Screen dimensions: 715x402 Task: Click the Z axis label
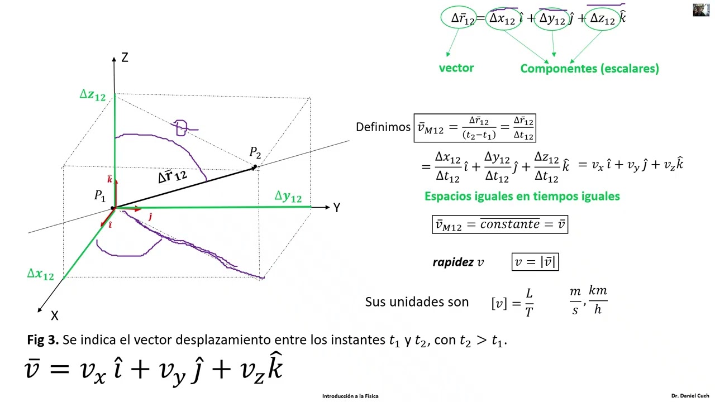(x=125, y=58)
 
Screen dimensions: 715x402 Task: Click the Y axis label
(x=337, y=208)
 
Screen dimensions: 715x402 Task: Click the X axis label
(x=55, y=315)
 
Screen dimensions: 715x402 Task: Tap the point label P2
(x=255, y=152)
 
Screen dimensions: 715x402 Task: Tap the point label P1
(x=99, y=195)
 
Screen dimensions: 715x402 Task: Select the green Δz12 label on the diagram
(x=93, y=95)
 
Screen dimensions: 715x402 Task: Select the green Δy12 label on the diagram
(x=288, y=196)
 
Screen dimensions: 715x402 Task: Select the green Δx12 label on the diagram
(x=41, y=274)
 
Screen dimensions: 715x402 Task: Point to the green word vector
(x=456, y=68)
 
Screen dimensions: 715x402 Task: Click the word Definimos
(x=383, y=127)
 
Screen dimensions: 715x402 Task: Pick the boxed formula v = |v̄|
(x=535, y=262)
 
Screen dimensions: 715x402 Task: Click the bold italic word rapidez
(x=453, y=262)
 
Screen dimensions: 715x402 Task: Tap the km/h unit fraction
(x=598, y=300)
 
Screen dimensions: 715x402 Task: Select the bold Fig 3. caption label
(x=43, y=340)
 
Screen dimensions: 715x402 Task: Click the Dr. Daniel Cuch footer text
(x=690, y=396)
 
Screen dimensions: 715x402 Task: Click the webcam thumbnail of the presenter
(x=701, y=10)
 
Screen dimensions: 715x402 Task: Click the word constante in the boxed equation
(x=510, y=224)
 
